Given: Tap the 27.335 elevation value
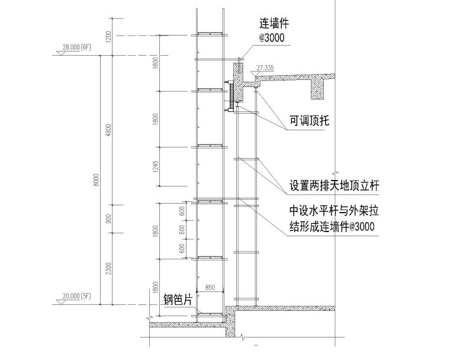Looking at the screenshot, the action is coord(265,68).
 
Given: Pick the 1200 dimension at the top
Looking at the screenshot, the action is coord(108,37).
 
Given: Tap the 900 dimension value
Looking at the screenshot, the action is coord(108,219).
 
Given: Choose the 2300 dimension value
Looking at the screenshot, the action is coord(108,269).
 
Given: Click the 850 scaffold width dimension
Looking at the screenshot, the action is coord(209,288).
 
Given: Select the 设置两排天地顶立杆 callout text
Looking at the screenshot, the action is coord(334,185).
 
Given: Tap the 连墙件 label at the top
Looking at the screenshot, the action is coord(274,24).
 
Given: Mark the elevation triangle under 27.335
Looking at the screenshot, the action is coord(255,74).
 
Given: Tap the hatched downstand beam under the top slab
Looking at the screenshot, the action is coord(320,88).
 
